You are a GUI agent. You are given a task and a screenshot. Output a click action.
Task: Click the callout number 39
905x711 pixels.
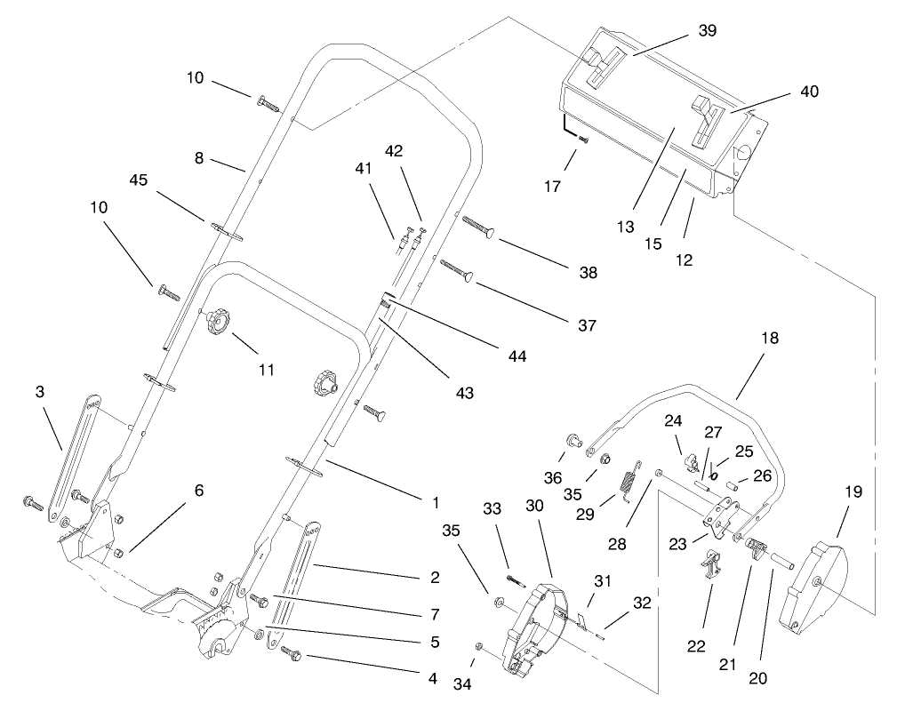[707, 31]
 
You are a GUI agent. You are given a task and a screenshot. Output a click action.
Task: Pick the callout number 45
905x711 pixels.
[138, 180]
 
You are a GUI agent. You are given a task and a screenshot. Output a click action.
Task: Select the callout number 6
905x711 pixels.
[199, 490]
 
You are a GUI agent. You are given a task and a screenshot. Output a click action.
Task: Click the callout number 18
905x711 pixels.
[769, 339]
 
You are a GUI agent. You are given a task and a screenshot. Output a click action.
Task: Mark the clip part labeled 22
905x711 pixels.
[711, 564]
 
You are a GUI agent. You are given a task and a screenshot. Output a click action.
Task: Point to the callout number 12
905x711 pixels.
[684, 261]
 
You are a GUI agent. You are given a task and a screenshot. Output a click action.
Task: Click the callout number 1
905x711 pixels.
[436, 502]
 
